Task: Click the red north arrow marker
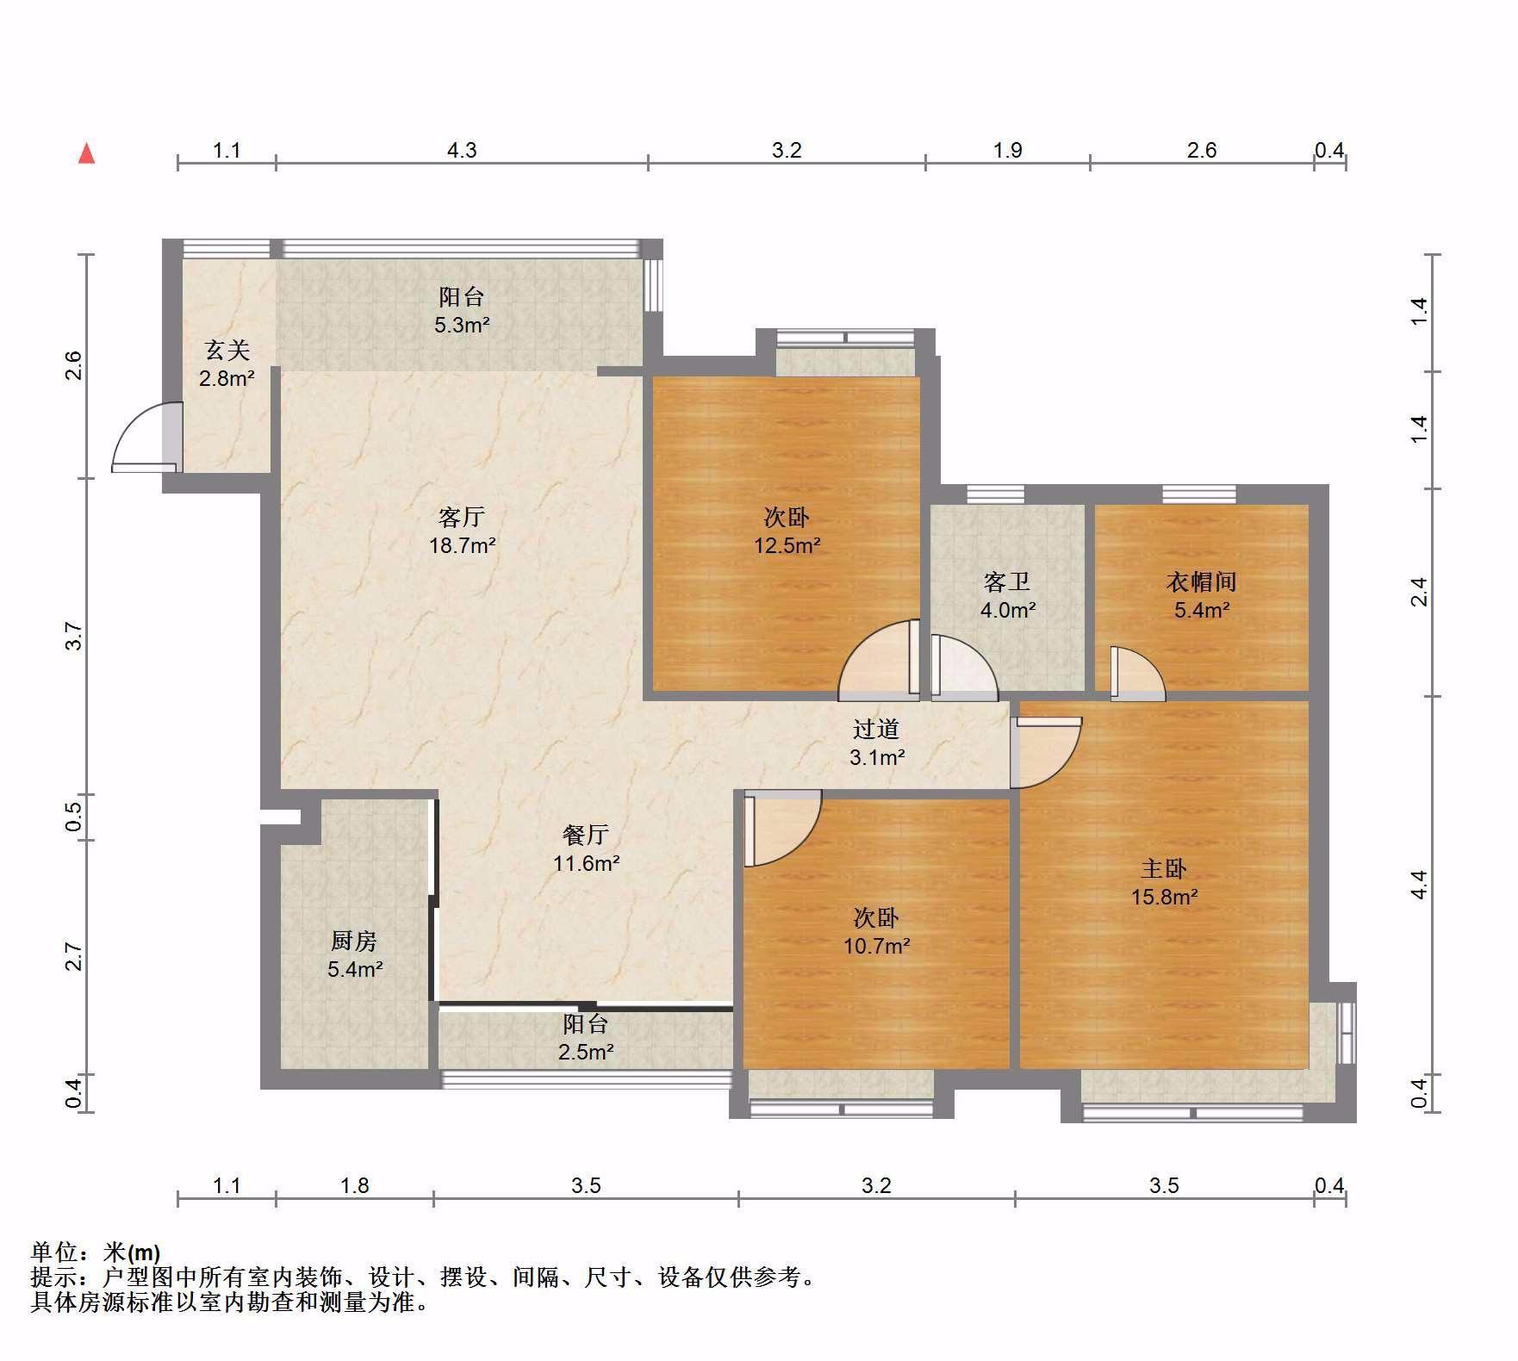coord(86,153)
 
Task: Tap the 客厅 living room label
coord(462,517)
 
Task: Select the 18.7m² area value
coord(463,545)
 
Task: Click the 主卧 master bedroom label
coord(1164,868)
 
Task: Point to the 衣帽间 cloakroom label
coord(1201,581)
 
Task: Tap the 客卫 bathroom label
coord(1007,581)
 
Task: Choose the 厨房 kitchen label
coord(354,941)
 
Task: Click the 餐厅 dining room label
coord(586,834)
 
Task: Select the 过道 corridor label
coord(876,729)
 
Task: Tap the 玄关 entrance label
coord(227,350)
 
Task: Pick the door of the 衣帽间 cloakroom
coord(1137,673)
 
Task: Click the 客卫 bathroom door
coord(964,667)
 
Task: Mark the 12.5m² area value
coord(787,545)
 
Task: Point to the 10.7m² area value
coord(877,946)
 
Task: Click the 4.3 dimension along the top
coord(462,151)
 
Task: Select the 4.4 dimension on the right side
coord(1419,885)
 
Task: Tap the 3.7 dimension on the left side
coord(74,637)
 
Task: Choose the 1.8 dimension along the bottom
coord(354,1186)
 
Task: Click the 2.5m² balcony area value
coord(586,1052)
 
